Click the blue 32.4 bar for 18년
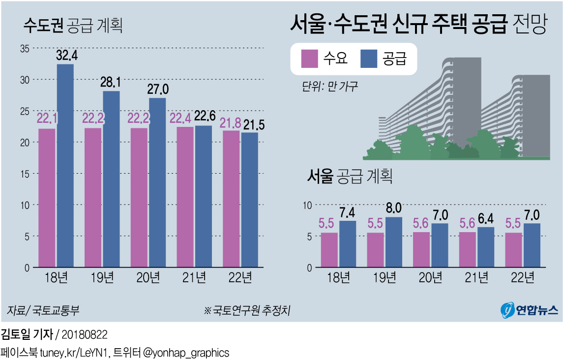tap(65, 166)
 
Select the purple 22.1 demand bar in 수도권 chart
tap(47, 198)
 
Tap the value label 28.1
tap(111, 82)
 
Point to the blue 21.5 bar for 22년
tap(250, 200)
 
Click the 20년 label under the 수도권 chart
tap(148, 278)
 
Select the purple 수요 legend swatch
tap(309, 59)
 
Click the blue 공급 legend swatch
tap(369, 59)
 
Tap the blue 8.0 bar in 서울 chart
tap(394, 242)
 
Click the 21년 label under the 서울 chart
tap(477, 278)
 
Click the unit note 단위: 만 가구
tap(330, 87)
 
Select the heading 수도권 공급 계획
tap(73, 26)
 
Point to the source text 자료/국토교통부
tap(43, 311)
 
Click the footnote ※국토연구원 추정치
tap(247, 311)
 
